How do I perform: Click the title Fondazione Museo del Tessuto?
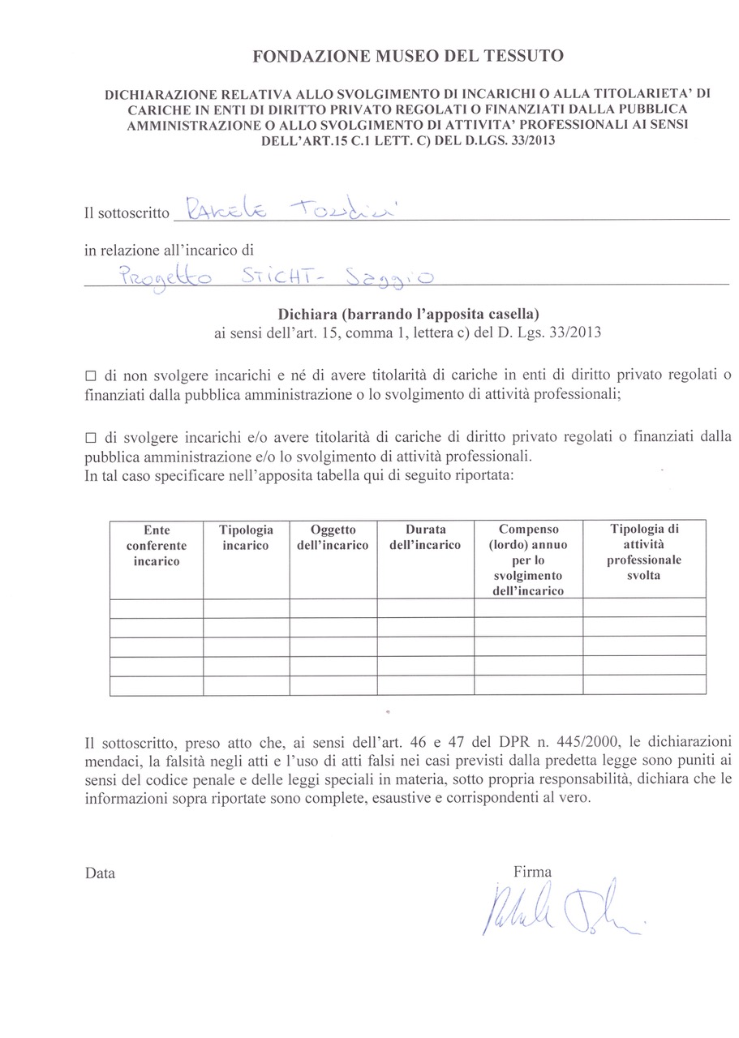pyautogui.click(x=408, y=56)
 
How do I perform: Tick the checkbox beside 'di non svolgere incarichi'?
pyautogui.click(x=91, y=377)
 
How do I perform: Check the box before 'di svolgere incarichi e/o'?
pyautogui.click(x=91, y=439)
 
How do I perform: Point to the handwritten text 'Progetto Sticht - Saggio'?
pyautogui.click(x=275, y=277)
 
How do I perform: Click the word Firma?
pyautogui.click(x=532, y=872)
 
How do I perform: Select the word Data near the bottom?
pyautogui.click(x=100, y=873)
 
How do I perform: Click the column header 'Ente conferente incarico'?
pyautogui.click(x=157, y=545)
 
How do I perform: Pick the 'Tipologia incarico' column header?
pyautogui.click(x=246, y=538)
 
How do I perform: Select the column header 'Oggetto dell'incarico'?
pyautogui.click(x=333, y=538)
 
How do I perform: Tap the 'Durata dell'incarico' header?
pyautogui.click(x=425, y=538)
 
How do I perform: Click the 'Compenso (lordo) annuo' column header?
pyautogui.click(x=528, y=560)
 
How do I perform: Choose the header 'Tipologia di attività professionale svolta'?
pyautogui.click(x=644, y=552)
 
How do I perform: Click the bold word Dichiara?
pyautogui.click(x=307, y=313)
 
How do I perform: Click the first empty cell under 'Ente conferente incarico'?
pyautogui.click(x=157, y=608)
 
